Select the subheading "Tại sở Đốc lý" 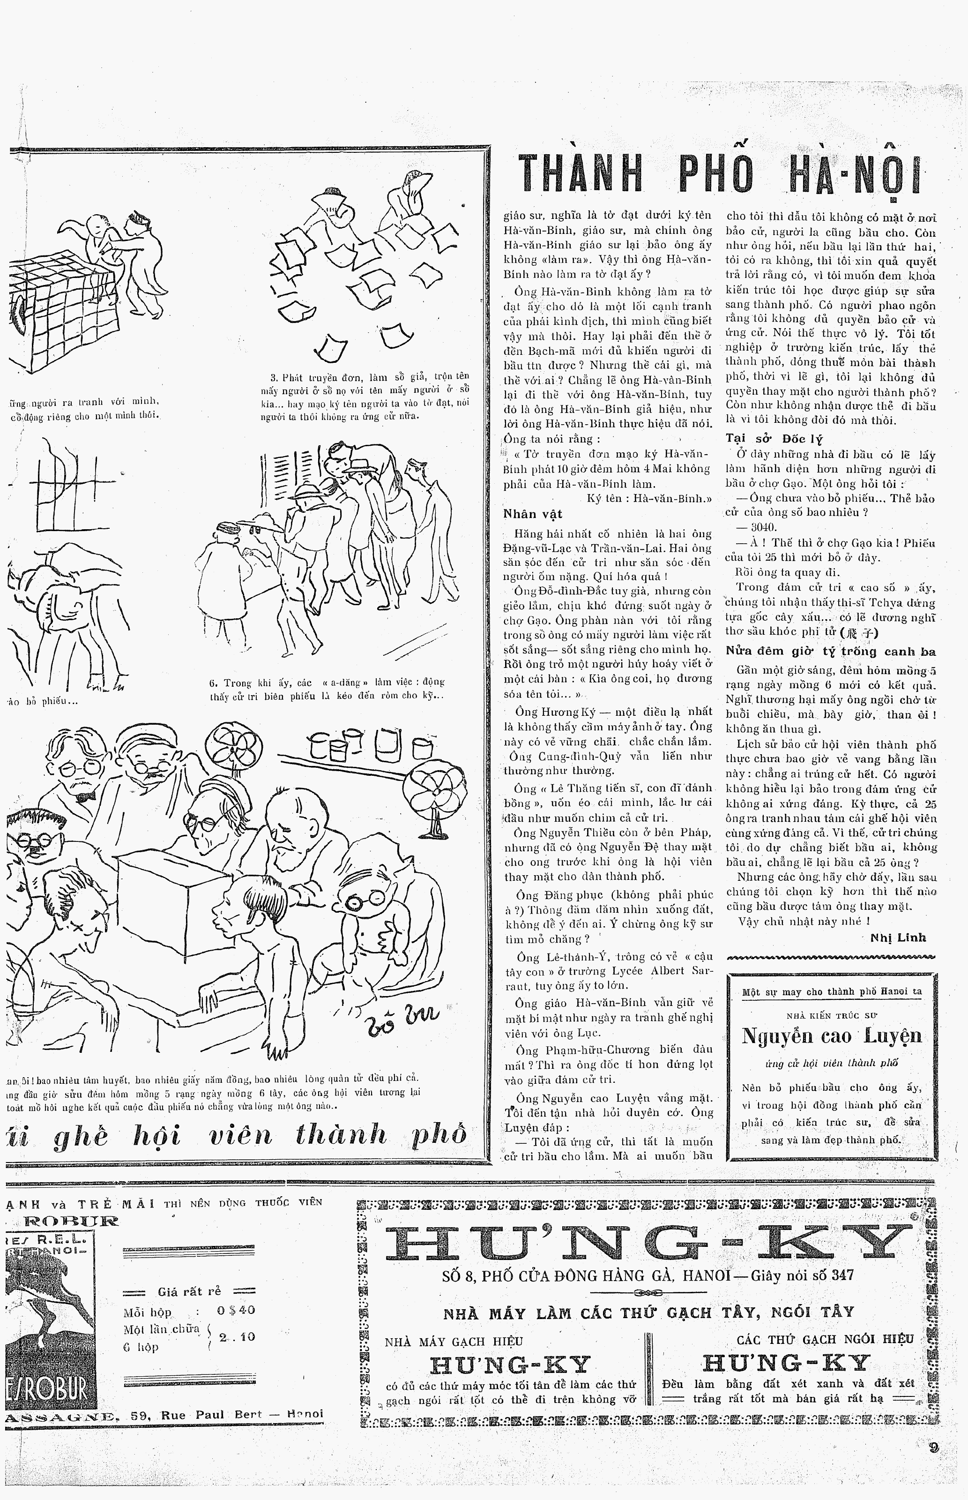tap(774, 439)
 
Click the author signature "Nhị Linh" tap(898, 937)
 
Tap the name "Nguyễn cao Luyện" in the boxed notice tap(831, 1036)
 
